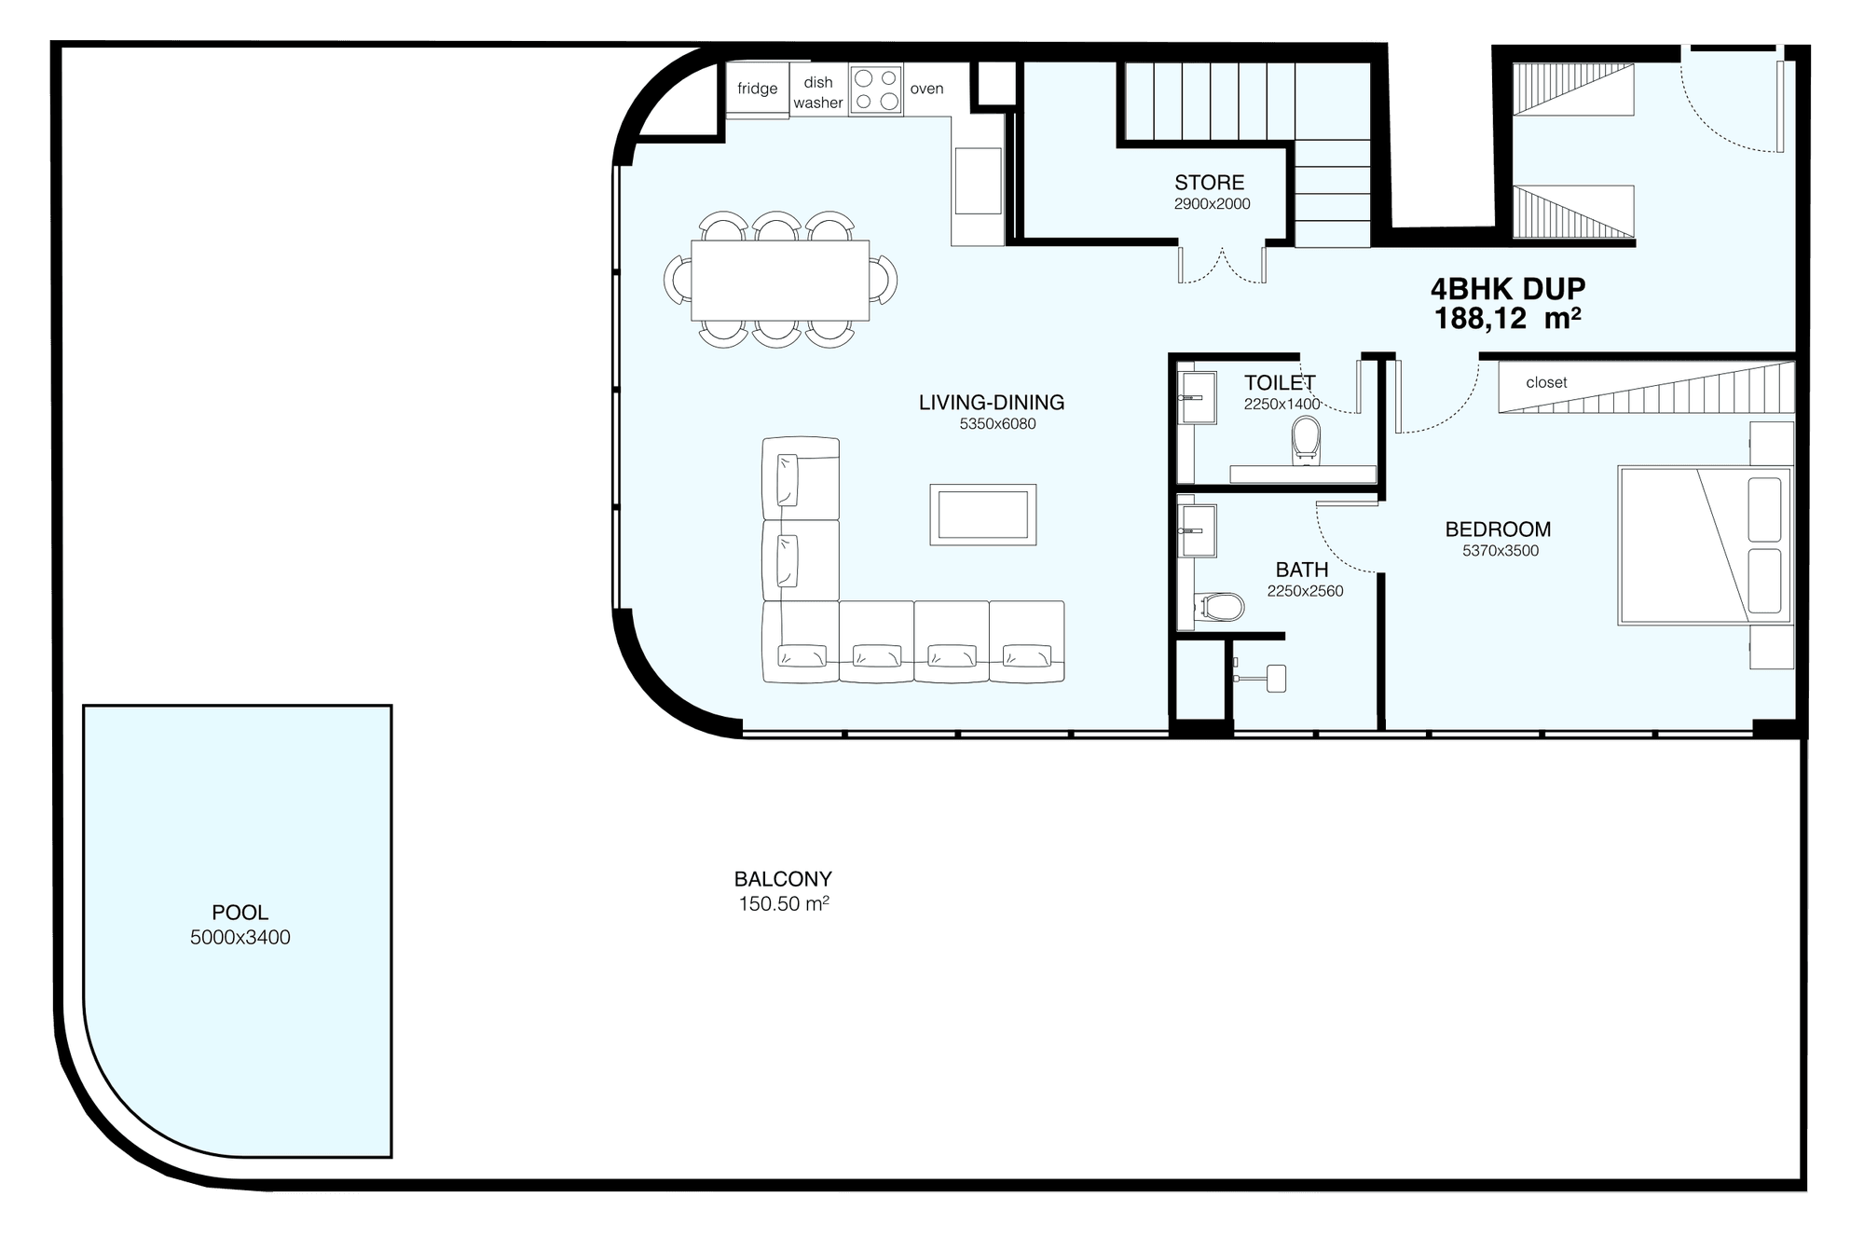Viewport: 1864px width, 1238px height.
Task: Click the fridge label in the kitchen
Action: [x=757, y=89]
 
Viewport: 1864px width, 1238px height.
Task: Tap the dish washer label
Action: [x=818, y=92]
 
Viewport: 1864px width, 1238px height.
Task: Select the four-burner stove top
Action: [x=876, y=89]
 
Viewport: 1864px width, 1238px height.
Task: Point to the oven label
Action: [x=926, y=89]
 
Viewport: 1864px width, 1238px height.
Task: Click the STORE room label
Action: [x=1209, y=183]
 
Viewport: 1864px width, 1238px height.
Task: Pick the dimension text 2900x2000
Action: [x=1212, y=204]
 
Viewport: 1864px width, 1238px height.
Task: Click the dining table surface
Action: [x=780, y=280]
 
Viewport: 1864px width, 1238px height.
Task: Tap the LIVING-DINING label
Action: [x=991, y=403]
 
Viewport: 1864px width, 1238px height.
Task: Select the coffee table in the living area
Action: [x=982, y=515]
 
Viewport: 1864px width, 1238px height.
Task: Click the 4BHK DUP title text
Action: [x=1508, y=289]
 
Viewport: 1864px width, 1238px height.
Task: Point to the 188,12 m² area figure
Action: [x=1507, y=319]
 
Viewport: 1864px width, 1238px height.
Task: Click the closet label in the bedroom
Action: [x=1546, y=382]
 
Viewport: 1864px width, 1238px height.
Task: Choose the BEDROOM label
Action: [x=1498, y=530]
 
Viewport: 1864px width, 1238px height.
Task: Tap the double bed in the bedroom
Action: [x=1705, y=545]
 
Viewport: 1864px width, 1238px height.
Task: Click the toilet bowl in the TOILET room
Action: [x=1306, y=440]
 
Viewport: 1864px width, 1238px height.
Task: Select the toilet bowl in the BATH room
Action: [x=1221, y=608]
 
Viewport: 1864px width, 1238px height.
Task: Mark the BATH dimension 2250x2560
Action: [x=1305, y=591]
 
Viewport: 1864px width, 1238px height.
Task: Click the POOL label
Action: [x=240, y=913]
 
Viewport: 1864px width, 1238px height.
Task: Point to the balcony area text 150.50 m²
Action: [x=784, y=903]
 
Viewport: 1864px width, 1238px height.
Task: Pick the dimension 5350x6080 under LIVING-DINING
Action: [x=997, y=424]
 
